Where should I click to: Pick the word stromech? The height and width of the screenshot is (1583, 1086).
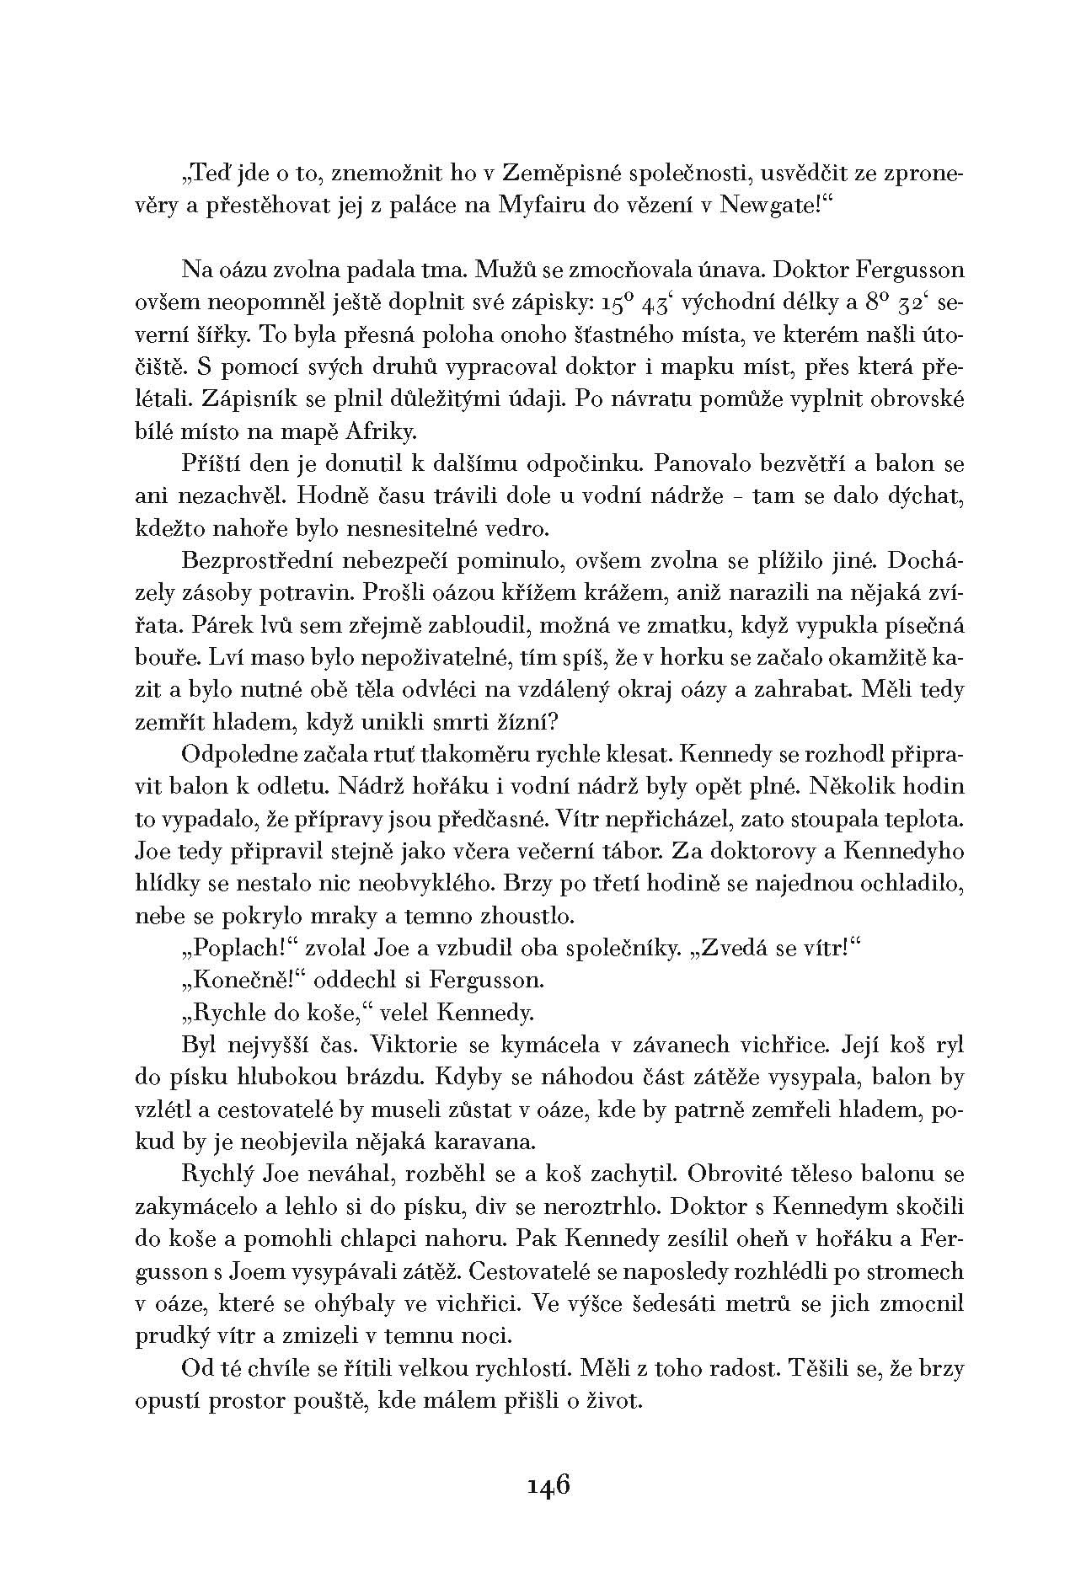click(920, 1271)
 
